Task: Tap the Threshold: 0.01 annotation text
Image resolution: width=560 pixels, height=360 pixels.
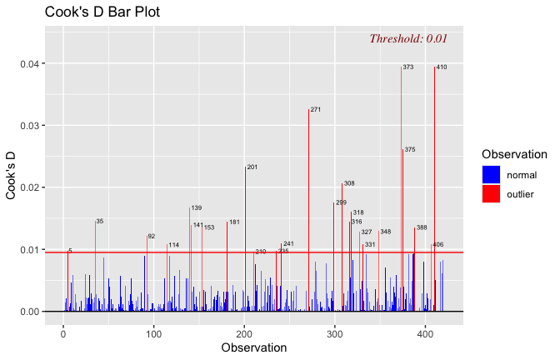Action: pos(408,38)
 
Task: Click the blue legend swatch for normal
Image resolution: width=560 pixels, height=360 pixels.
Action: pos(491,175)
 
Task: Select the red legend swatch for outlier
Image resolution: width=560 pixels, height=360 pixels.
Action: pos(491,194)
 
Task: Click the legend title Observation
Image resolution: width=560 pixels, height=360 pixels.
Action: pos(514,154)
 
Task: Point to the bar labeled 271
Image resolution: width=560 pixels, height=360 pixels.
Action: pos(308,208)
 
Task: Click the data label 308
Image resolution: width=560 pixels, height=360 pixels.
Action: pos(349,183)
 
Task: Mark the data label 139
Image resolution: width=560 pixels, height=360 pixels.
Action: pos(197,208)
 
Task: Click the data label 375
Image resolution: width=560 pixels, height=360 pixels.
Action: pos(410,150)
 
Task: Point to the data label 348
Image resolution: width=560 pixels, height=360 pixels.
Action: pos(385,232)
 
